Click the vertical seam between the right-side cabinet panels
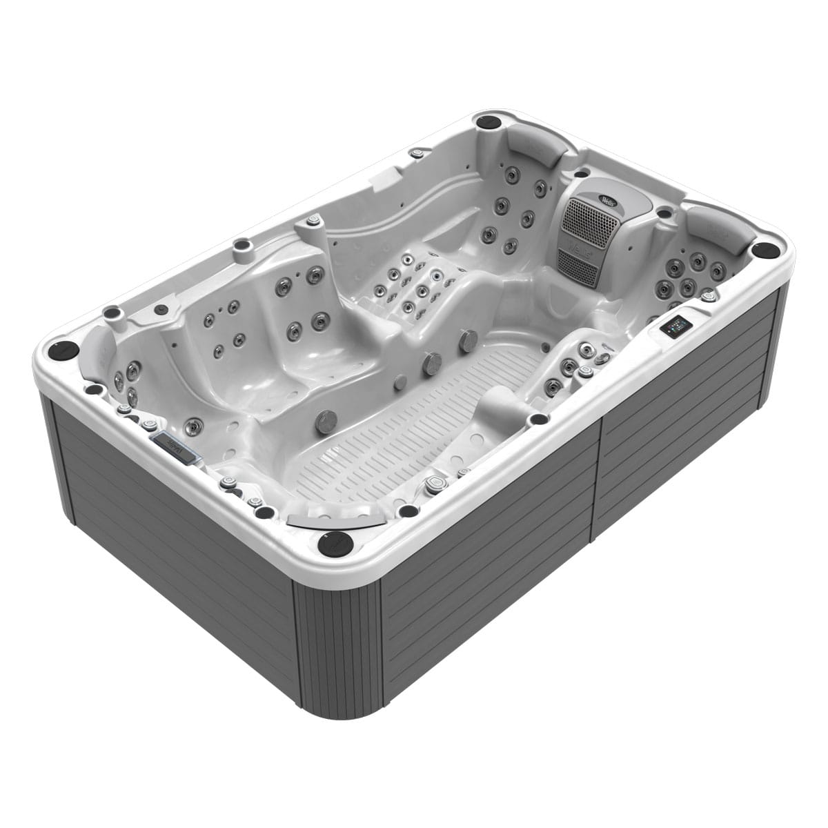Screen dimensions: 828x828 598,483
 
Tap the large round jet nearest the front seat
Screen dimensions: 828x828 326,418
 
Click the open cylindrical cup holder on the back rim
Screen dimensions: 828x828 242,248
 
